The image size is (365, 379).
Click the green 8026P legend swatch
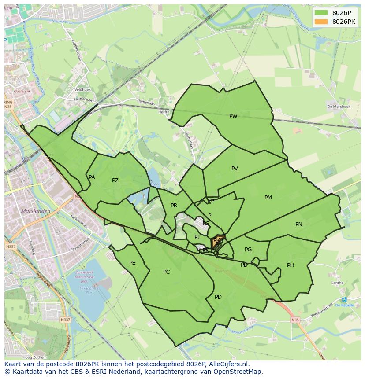[321, 13]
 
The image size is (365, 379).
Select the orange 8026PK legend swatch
[321, 22]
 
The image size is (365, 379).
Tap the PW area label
[233, 116]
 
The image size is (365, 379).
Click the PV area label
[235, 169]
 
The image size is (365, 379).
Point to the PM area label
[268, 198]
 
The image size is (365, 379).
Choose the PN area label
[298, 224]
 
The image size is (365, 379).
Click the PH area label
[290, 265]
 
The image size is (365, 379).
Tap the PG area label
[248, 250]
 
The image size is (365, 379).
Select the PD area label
[218, 297]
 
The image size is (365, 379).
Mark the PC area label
[166, 272]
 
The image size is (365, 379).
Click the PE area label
[132, 263]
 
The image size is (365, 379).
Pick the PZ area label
[115, 180]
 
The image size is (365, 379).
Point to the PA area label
[92, 177]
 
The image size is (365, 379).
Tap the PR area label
[174, 206]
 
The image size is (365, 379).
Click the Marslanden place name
[35, 211]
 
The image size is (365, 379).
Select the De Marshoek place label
[339, 107]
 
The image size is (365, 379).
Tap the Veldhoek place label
[82, 89]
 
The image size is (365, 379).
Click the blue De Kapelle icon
[344, 300]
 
